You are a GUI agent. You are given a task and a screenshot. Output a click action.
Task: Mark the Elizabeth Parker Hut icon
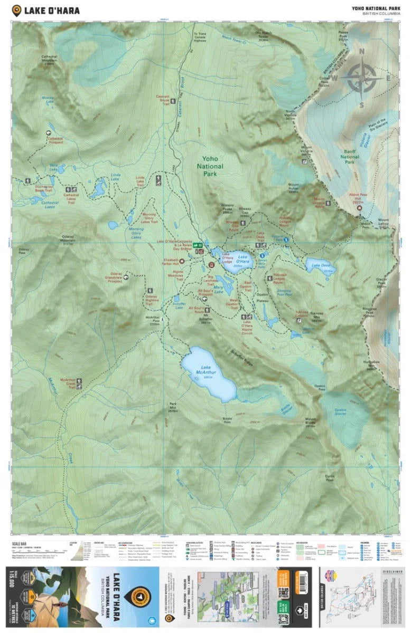pyautogui.click(x=182, y=261)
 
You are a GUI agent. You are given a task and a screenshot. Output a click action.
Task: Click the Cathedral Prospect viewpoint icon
pyautogui.click(x=50, y=133)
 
